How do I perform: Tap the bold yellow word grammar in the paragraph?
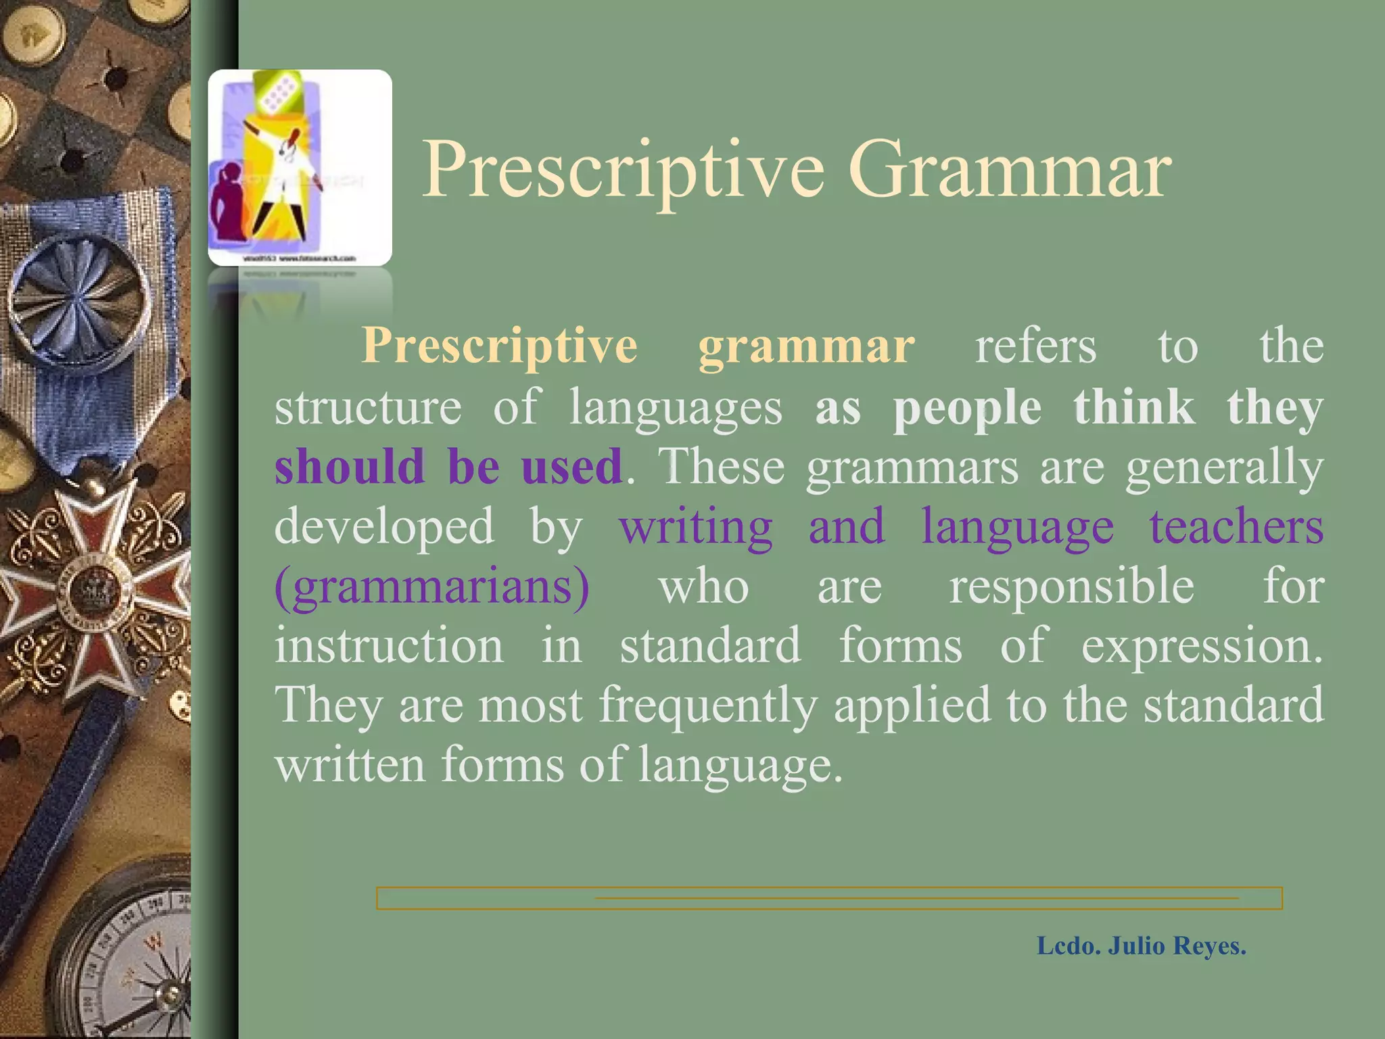pos(806,346)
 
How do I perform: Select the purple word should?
pos(349,467)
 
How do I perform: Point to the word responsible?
pos(1071,587)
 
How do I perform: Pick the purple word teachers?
pos(1236,526)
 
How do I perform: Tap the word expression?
pos(1201,645)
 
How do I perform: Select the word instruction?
pos(390,645)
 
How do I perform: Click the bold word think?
pos(1133,407)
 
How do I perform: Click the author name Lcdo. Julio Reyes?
pos(1141,946)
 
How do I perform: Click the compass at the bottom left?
pos(128,961)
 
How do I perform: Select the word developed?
pos(384,526)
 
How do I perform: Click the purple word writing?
pos(695,526)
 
